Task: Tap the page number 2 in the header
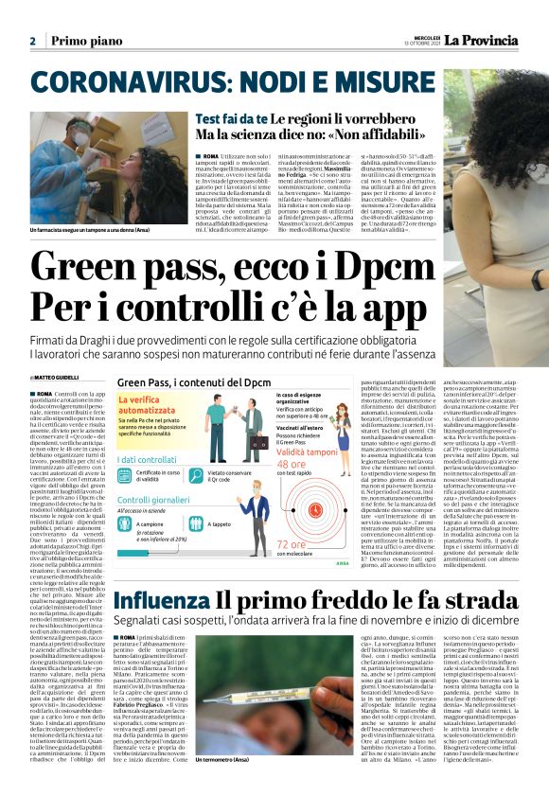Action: click(31, 42)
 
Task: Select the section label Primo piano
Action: click(84, 42)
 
